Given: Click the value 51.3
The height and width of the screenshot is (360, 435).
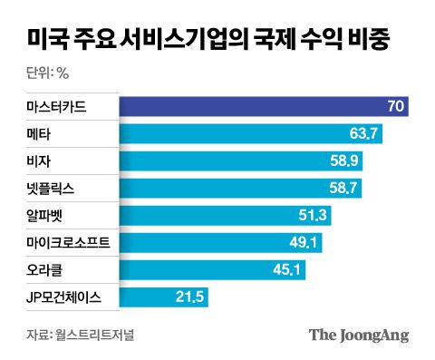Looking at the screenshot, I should click(312, 216).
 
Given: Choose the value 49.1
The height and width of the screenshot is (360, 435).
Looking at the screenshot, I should click(303, 243).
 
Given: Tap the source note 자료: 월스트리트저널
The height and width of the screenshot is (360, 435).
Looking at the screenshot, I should click(75, 335).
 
